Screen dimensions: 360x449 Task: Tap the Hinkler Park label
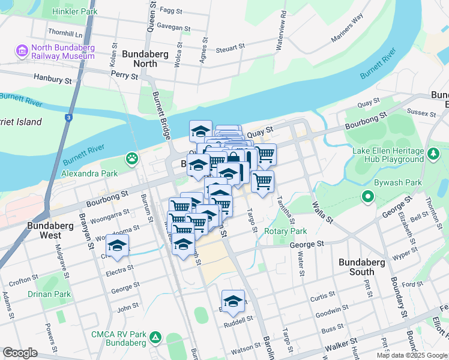pos(74,11)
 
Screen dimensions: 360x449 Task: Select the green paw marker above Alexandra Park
pos(131,159)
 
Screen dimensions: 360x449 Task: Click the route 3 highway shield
pos(69,118)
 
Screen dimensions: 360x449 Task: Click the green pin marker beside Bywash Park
pos(368,196)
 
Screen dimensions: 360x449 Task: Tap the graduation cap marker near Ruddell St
pos(233,300)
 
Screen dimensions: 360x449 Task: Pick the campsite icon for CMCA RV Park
pos(155,338)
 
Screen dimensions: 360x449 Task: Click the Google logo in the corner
pos(20,353)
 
